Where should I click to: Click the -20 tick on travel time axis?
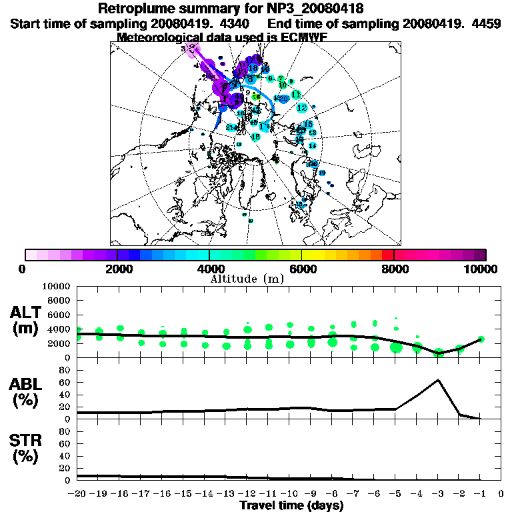78,494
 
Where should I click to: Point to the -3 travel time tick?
438,494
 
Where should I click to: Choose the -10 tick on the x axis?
289,494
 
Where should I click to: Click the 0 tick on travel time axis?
501,494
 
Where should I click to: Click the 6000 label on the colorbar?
302,269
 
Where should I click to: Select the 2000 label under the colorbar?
117,269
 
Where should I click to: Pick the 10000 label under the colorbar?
481,269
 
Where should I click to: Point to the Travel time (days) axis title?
291,505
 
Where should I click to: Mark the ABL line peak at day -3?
438,380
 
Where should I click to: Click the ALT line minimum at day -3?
438,351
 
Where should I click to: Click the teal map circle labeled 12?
302,107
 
